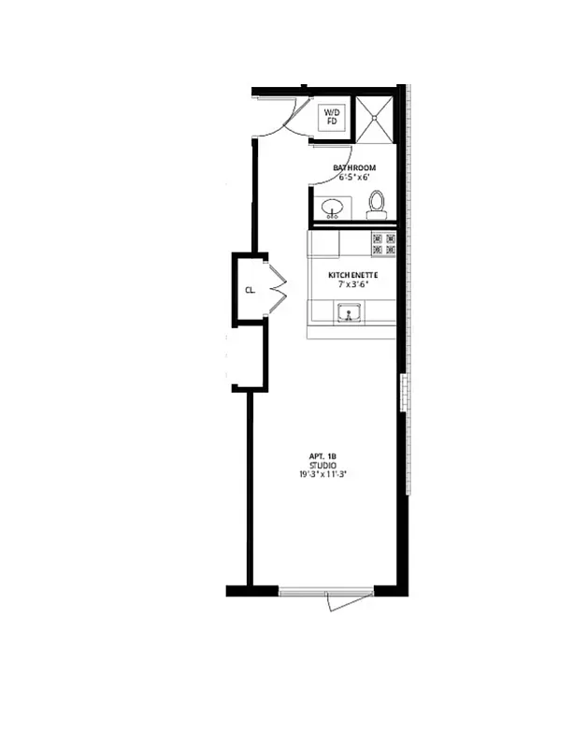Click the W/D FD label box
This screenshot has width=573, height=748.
tap(332, 117)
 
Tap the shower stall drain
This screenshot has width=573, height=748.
tap(375, 119)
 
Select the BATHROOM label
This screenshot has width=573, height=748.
tap(354, 168)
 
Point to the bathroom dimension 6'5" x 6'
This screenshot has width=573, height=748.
tap(354, 179)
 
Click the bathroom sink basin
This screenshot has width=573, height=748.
tap(332, 208)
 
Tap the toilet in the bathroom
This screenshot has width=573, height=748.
tap(377, 204)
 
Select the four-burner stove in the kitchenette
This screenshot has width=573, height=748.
tap(384, 244)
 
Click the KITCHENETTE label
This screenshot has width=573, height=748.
tap(351, 275)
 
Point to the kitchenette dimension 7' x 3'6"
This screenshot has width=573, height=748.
tap(351, 285)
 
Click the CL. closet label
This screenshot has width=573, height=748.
tap(250, 290)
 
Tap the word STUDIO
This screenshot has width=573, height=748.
tap(322, 465)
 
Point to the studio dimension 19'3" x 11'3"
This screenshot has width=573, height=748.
tap(322, 475)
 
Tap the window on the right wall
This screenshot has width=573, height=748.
tap(404, 394)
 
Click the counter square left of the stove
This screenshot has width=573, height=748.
tap(323, 244)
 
